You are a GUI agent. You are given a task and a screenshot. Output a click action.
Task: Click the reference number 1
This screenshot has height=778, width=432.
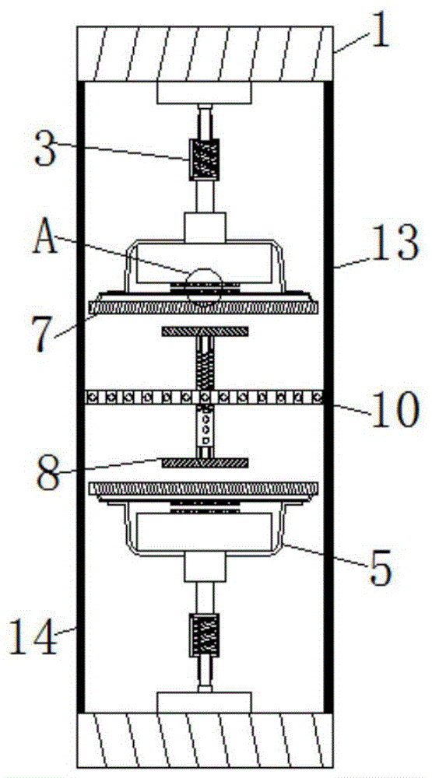coord(380,32)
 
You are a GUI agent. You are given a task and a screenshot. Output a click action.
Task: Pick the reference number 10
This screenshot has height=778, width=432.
coord(394,409)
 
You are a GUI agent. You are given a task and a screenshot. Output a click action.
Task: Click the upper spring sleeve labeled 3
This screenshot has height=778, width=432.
coord(204,159)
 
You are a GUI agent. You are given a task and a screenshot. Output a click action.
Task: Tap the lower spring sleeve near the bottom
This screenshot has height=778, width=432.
coord(204,635)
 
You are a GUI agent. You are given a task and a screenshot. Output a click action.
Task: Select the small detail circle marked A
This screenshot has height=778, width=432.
coord(204,285)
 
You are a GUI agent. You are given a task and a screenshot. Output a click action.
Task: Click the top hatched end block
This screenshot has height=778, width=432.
coord(205,54)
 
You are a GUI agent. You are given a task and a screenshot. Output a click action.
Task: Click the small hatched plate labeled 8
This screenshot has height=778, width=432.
coord(205,462)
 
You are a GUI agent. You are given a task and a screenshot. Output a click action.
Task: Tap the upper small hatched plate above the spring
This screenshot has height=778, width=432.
coord(205,331)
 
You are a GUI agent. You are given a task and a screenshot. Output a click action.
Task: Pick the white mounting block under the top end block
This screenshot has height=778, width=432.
coord(205,93)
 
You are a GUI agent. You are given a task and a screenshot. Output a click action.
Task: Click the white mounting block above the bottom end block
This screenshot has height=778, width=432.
coord(205,703)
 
